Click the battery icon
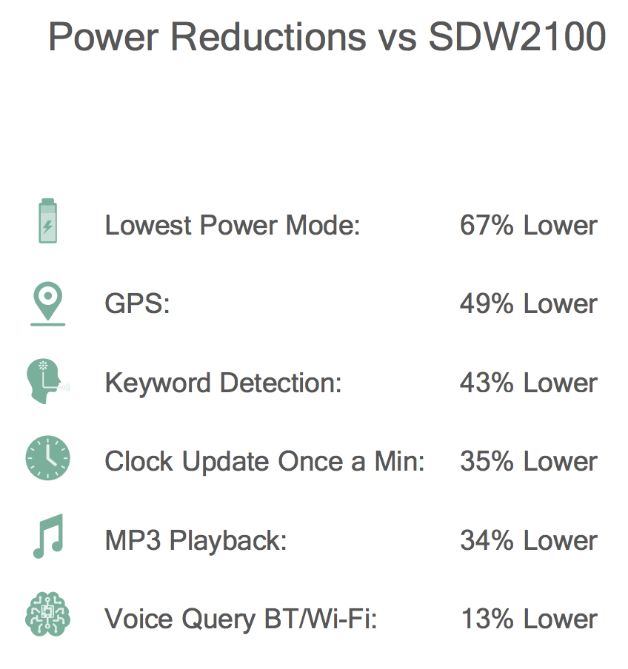(48, 221)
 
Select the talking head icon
(48, 381)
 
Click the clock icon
(48, 458)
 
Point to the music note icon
(48, 536)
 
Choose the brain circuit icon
(48, 614)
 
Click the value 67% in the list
(487, 225)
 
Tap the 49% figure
(487, 303)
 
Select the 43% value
(487, 383)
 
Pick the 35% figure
(487, 461)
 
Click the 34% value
(487, 540)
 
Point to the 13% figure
(487, 619)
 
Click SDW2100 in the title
(517, 36)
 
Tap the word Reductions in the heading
(268, 36)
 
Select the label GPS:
(137, 303)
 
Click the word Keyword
(158, 383)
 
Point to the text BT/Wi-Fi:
(321, 619)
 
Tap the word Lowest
(148, 225)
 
